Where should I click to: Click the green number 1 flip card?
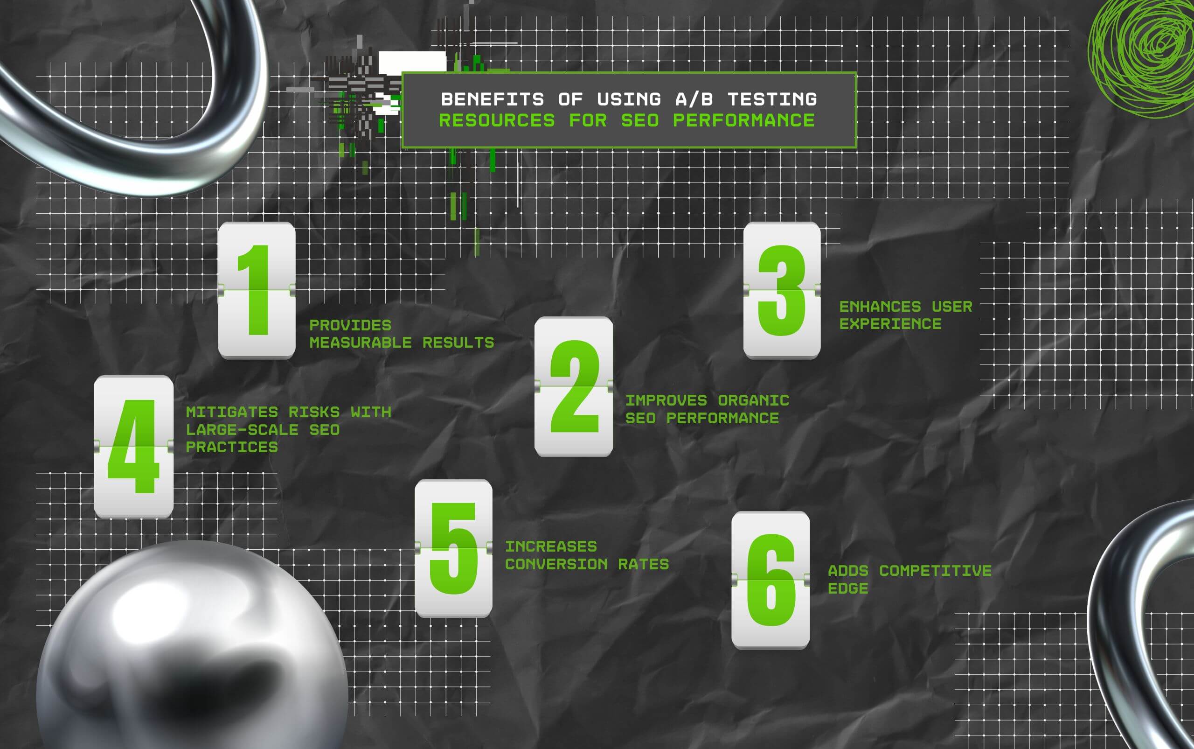point(257,290)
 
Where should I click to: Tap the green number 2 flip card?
point(574,386)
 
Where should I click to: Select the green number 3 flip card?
point(782,290)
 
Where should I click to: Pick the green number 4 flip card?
point(134,447)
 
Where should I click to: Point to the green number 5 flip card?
point(453,548)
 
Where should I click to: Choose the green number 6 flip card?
point(771,580)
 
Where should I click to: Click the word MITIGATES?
point(232,412)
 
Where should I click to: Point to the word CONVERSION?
point(556,564)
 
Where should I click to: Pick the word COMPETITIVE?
point(935,571)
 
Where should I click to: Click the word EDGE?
point(848,588)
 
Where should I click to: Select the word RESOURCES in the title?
point(497,120)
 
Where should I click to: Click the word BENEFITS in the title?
point(493,99)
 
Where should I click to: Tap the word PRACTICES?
point(232,448)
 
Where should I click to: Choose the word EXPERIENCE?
point(890,324)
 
